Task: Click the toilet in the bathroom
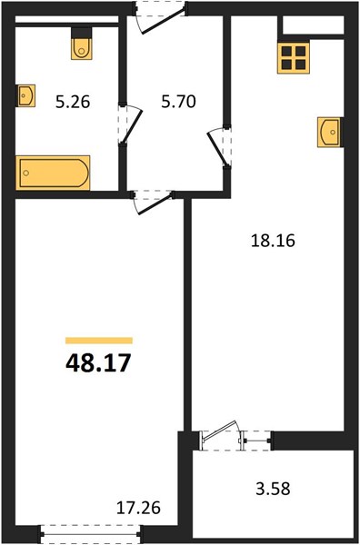point(82,44)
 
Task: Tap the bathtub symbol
point(53,173)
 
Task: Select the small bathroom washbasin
point(26,95)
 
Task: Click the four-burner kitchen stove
point(294,58)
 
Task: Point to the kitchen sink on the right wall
point(329,132)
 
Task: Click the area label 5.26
point(73,103)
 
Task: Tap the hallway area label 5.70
point(178,102)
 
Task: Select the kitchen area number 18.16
point(273,241)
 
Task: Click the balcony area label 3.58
point(273,489)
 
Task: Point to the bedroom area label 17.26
point(138,508)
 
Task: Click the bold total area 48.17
point(98,362)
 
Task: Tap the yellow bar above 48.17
point(99,341)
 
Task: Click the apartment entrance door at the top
point(161,17)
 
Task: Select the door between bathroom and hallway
point(129,124)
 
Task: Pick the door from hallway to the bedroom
point(153,202)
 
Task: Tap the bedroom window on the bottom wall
point(90,534)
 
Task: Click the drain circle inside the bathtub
point(25,173)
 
